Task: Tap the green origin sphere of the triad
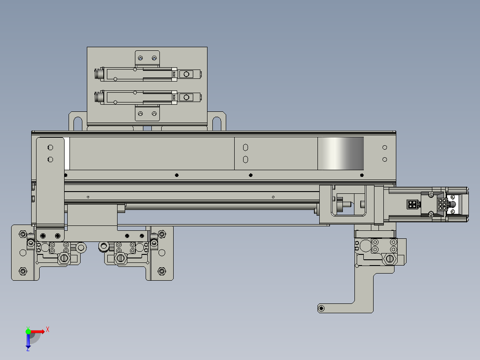[28, 331]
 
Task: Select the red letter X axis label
[47, 330]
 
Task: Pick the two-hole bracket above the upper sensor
[147, 58]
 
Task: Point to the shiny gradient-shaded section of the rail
[341, 153]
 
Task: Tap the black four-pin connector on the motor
[412, 205]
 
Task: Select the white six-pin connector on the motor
[442, 205]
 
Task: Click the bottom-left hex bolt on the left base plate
[23, 271]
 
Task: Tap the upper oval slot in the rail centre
[245, 147]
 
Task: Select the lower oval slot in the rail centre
[245, 159]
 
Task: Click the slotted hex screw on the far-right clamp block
[390, 258]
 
